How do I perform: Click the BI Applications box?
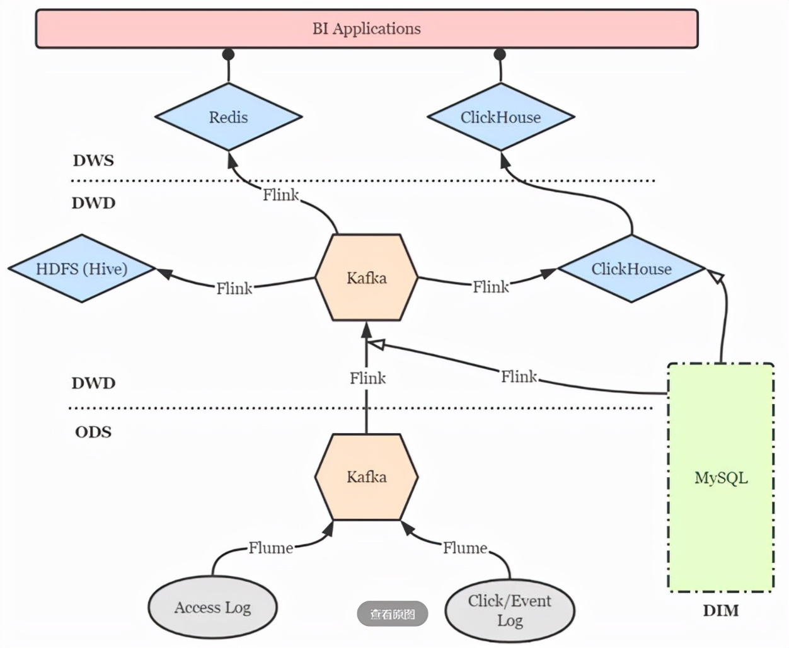(367, 29)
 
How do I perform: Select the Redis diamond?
(229, 117)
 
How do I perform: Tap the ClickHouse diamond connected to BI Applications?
(500, 117)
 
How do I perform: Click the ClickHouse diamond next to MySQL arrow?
(631, 269)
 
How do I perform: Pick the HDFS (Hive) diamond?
(81, 269)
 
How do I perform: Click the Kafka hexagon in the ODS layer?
(366, 477)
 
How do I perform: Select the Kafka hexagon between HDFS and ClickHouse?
(366, 277)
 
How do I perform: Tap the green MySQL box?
(721, 477)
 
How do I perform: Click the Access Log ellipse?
(212, 607)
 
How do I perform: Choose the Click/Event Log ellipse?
(510, 610)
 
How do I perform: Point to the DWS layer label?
(93, 161)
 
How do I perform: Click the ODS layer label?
(93, 432)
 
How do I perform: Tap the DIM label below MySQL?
(721, 611)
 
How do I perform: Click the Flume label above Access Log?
(271, 548)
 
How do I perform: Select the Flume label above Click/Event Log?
(465, 548)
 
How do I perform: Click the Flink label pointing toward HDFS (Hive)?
(234, 289)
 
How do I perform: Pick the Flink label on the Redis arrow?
(280, 195)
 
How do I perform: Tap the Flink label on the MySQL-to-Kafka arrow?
(519, 376)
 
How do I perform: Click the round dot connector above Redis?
(228, 55)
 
